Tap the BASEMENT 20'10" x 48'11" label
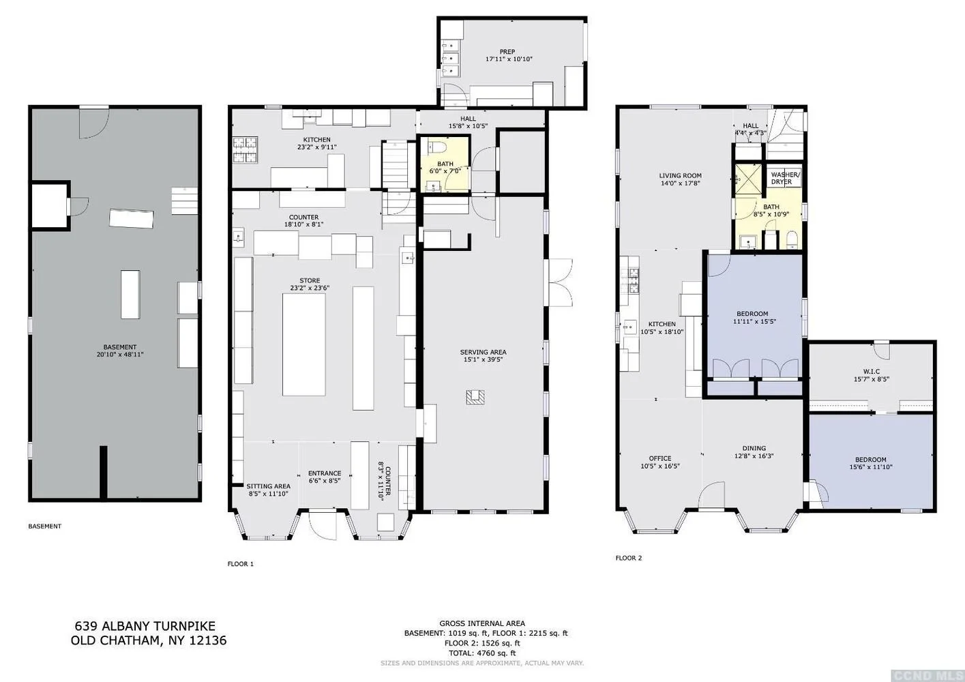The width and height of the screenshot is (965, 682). click(x=120, y=351)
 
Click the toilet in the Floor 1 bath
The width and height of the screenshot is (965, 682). click(x=437, y=146)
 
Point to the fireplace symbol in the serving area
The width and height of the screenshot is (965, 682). click(x=475, y=397)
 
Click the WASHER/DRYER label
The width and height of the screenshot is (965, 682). click(x=785, y=179)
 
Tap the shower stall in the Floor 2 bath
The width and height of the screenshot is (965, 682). click(x=749, y=179)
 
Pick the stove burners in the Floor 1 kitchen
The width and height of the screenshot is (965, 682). click(x=246, y=149)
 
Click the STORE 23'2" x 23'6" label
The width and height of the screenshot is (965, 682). click(x=310, y=284)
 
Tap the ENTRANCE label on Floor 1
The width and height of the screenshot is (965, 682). click(x=325, y=473)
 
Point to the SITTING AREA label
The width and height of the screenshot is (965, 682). click(x=269, y=486)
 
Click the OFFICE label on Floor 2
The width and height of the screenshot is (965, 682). click(x=660, y=458)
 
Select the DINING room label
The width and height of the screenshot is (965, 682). click(x=754, y=448)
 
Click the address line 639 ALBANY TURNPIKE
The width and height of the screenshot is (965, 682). click(x=145, y=626)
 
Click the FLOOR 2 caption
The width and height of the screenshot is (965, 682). click(x=629, y=558)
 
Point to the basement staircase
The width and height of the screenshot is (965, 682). click(x=185, y=201)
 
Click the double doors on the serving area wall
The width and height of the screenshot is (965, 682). click(x=560, y=282)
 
